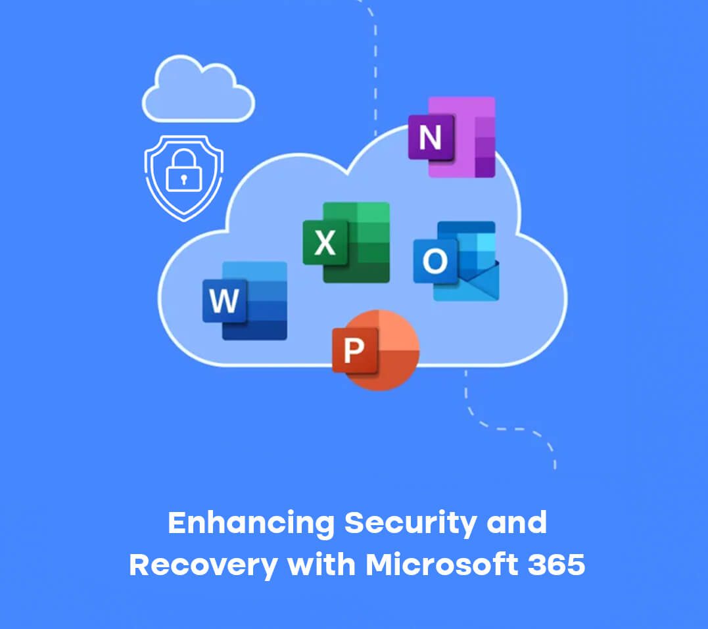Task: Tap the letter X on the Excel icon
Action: [x=325, y=243]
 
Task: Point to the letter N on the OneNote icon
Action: [x=430, y=138]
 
